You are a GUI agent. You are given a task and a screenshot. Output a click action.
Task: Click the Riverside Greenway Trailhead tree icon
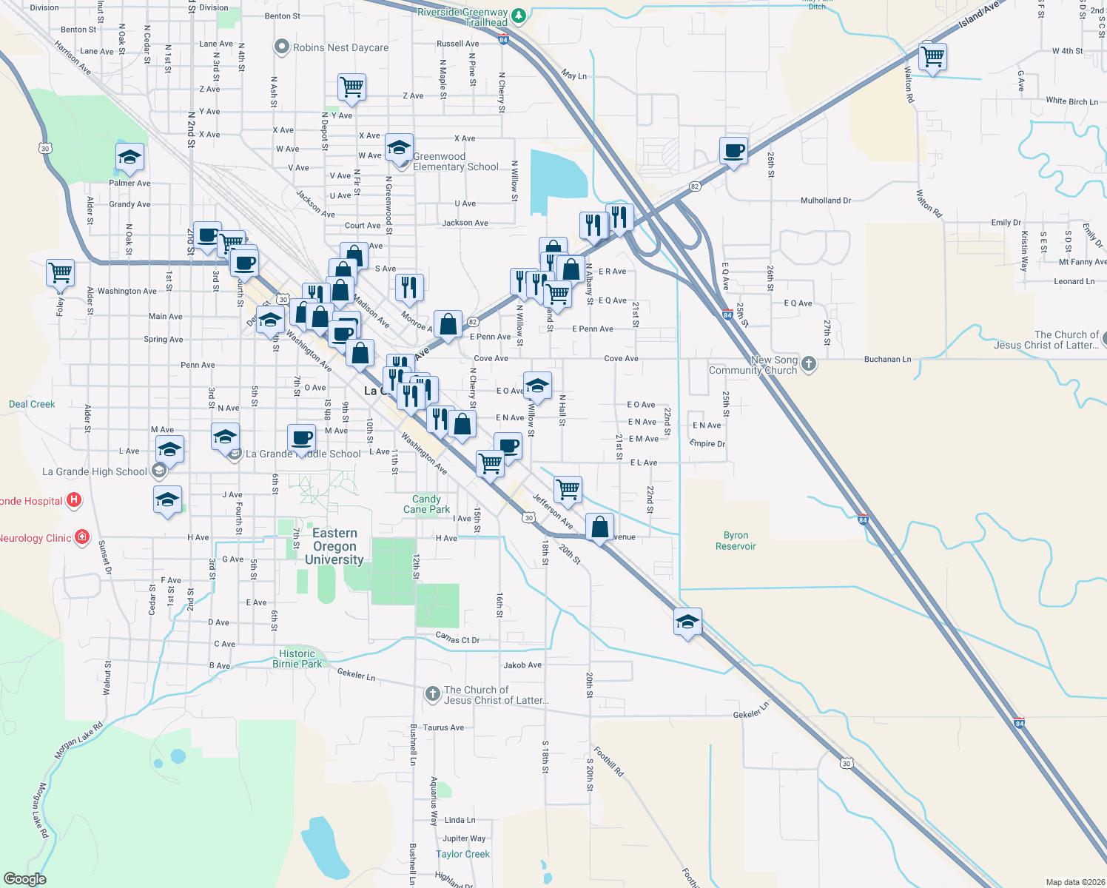(x=519, y=15)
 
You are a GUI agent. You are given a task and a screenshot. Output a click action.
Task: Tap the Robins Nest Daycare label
(x=340, y=47)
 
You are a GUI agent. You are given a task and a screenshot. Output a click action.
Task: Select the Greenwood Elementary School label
(x=455, y=161)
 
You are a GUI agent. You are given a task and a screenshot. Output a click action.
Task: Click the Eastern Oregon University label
(x=334, y=546)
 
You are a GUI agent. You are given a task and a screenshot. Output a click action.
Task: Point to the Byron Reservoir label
(x=736, y=541)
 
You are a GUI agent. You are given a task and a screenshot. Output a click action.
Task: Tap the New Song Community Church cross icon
(x=809, y=363)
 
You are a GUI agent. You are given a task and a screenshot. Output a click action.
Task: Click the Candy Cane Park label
(x=426, y=504)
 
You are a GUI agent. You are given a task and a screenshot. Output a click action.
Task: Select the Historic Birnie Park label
(x=297, y=659)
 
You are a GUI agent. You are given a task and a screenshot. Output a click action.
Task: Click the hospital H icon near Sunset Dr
(x=74, y=500)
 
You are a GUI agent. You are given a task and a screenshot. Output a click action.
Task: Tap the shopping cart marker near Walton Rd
(x=933, y=56)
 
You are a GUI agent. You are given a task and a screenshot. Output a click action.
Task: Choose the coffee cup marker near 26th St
(x=733, y=151)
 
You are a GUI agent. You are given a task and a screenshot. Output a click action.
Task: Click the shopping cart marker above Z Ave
(x=352, y=87)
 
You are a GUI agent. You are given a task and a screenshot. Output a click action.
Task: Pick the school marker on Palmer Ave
(x=129, y=158)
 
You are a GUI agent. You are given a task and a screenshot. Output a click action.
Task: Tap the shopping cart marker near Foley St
(x=60, y=272)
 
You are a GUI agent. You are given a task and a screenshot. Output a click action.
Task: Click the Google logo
(x=25, y=879)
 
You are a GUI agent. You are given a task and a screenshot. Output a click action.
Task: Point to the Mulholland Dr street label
(x=826, y=201)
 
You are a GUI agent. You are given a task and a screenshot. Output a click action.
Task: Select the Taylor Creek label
(x=462, y=854)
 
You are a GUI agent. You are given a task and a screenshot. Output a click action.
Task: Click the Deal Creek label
(x=32, y=404)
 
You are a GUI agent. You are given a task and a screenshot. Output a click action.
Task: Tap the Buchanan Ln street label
(x=887, y=360)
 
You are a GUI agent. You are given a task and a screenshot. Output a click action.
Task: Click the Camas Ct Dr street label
(x=457, y=638)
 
